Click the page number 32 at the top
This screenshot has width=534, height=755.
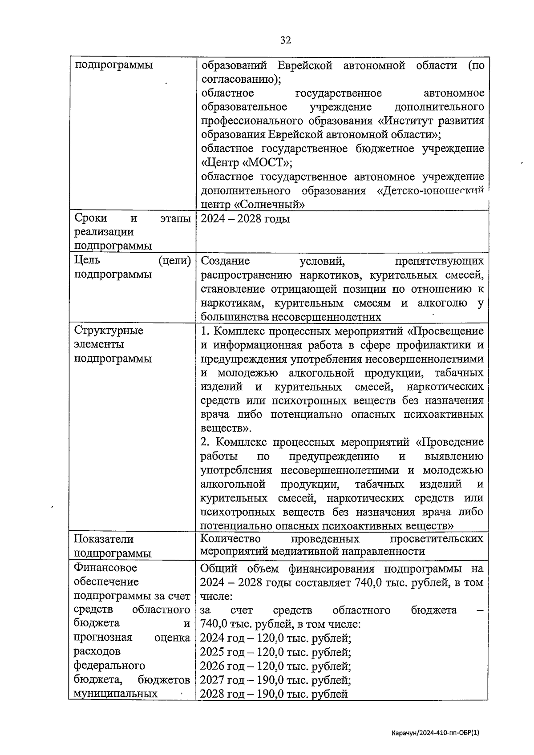tap(285, 40)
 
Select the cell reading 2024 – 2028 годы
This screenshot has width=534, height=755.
tap(245, 219)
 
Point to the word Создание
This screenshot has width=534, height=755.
tap(225, 261)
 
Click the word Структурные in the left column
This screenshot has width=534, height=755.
tap(109, 331)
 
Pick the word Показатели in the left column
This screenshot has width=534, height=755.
tap(103, 539)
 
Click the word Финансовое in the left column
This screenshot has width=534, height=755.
tap(105, 568)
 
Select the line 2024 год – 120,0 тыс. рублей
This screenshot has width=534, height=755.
tap(275, 638)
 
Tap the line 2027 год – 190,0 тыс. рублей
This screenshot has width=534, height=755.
tap(275, 680)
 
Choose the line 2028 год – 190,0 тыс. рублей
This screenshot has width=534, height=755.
tap(274, 694)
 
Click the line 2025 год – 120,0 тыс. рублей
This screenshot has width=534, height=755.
tap(275, 653)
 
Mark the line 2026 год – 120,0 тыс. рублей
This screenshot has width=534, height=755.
tap(275, 666)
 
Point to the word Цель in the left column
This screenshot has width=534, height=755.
tap(87, 260)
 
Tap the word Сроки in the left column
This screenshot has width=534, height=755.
tap(91, 218)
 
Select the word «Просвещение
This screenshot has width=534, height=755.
tap(445, 331)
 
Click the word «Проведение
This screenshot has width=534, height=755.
tap(449, 443)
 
